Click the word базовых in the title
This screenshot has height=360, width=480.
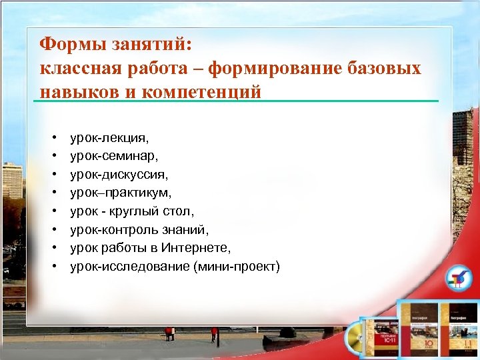coord(385,68)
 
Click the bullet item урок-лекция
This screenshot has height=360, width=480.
coord(110,139)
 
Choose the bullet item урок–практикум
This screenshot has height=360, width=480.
coord(121,193)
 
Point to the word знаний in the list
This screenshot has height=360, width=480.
coord(187,230)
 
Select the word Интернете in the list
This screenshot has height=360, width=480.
coord(198,248)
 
